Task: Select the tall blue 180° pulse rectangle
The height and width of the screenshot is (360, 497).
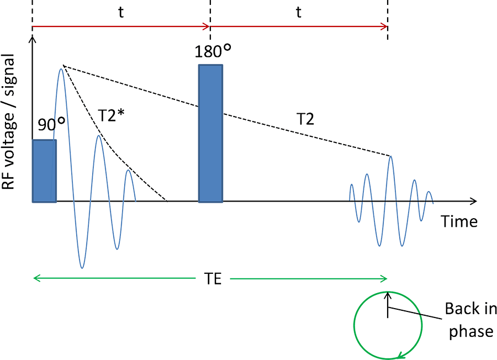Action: [211, 133]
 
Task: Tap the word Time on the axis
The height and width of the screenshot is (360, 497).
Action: [459, 221]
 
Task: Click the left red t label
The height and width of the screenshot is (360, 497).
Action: [120, 13]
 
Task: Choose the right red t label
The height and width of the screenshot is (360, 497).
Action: [298, 13]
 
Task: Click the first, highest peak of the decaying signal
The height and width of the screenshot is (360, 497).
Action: [62, 67]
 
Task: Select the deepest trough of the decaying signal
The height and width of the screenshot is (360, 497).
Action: [82, 267]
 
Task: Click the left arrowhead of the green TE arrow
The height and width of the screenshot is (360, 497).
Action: [36, 278]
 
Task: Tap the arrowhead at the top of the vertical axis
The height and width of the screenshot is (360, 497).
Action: [34, 37]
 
